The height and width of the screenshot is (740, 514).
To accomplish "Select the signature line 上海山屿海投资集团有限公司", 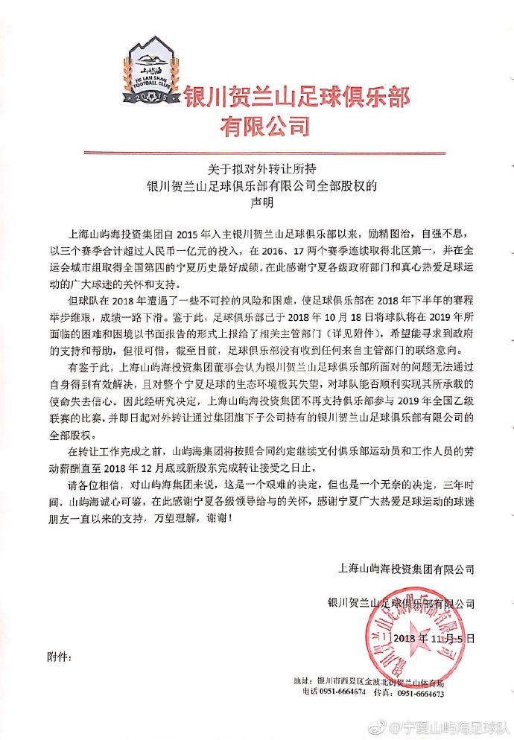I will (406, 568).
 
